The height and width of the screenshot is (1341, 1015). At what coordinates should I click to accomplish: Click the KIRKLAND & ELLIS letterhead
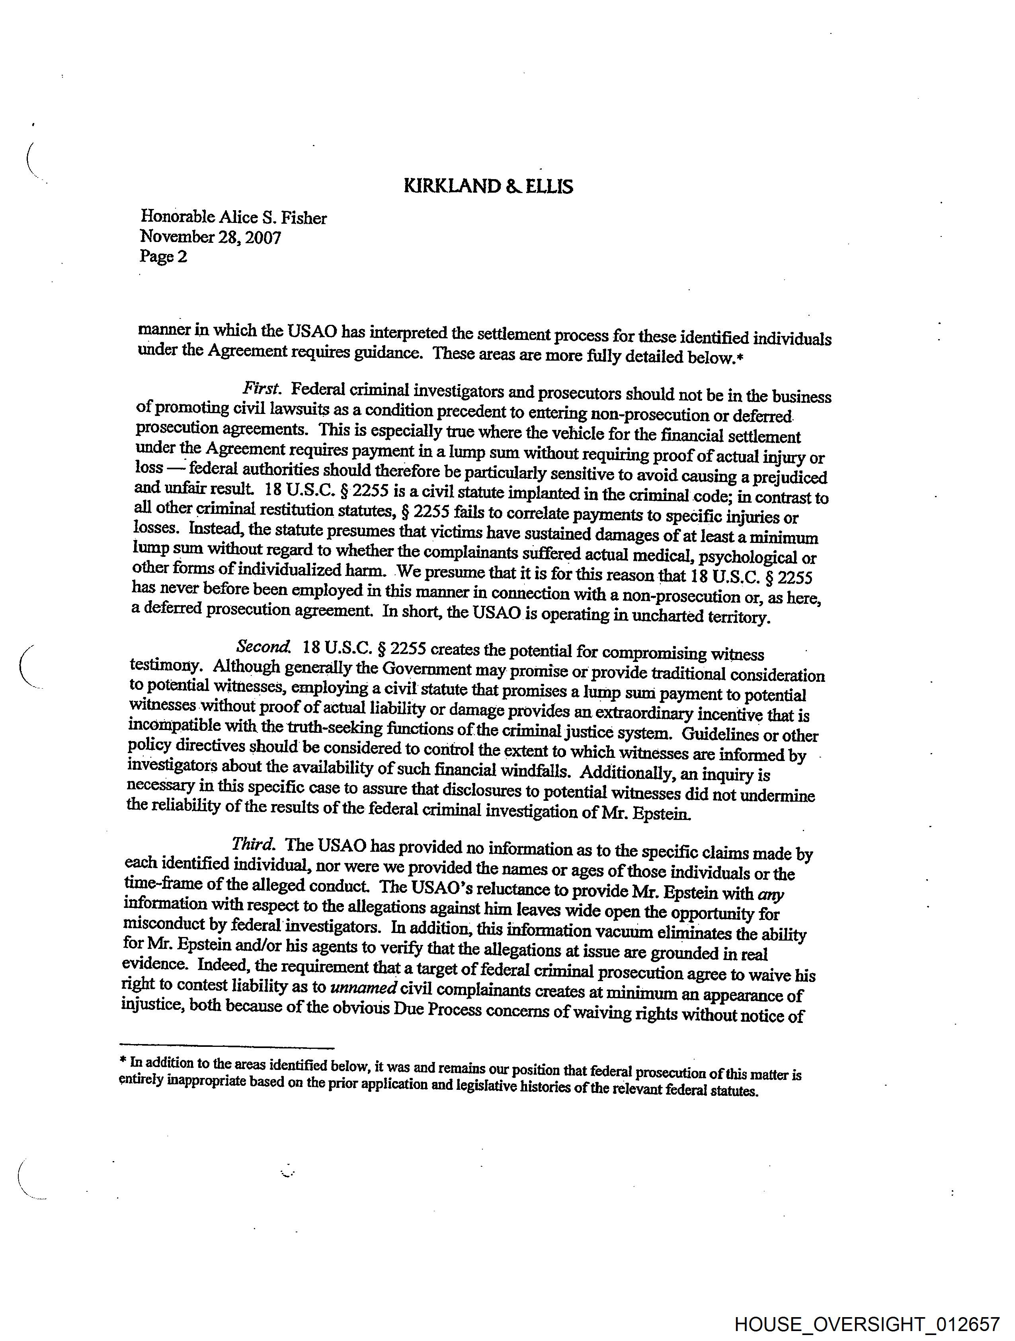pyautogui.click(x=488, y=186)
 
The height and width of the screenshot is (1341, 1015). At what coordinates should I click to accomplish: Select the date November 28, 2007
pyautogui.click(x=211, y=237)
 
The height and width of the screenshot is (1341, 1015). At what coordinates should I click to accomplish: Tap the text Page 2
pyautogui.click(x=163, y=256)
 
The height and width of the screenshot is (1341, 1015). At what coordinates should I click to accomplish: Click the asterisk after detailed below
pyautogui.click(x=739, y=358)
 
